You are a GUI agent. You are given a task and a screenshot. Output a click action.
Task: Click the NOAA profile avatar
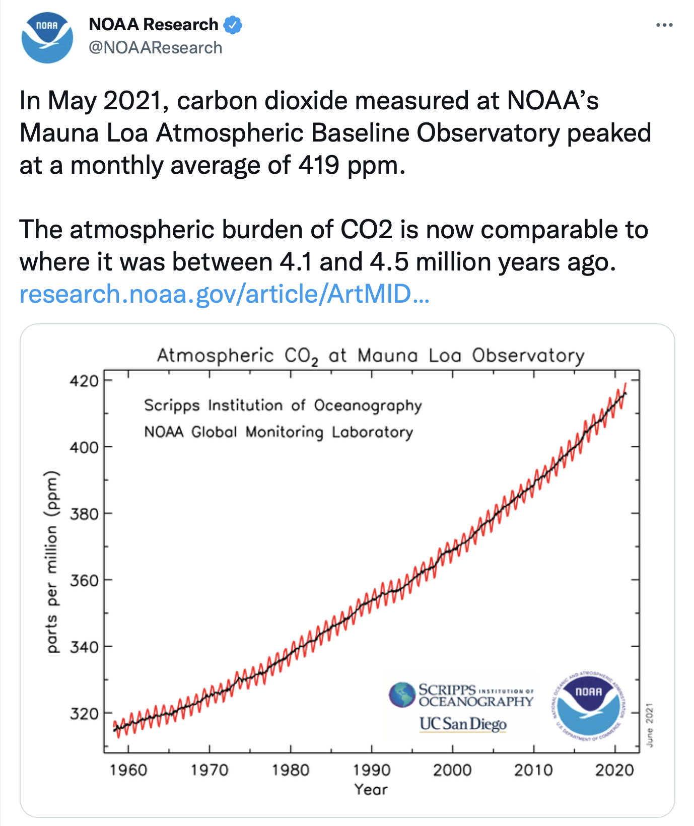[x=47, y=38]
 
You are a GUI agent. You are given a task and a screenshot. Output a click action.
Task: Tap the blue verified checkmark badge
[x=233, y=25]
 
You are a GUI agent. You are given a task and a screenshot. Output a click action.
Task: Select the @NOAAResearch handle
[x=156, y=48]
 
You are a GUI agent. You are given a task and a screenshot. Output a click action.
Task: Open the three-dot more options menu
[x=664, y=25]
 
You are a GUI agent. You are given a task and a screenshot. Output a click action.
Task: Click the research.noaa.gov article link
[x=224, y=294]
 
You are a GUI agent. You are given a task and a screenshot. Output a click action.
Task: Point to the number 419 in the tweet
[x=318, y=165]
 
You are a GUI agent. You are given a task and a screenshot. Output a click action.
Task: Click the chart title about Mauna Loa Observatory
[x=371, y=356]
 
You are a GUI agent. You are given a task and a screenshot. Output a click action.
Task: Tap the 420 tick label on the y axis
[x=84, y=381]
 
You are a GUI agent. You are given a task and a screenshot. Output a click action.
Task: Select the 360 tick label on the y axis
[x=84, y=581]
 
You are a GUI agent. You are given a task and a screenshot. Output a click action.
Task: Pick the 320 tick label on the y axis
[x=84, y=714]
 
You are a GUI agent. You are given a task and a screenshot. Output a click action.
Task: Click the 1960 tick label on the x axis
[x=128, y=770]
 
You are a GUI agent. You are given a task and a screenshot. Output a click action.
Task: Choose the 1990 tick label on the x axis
[x=372, y=770]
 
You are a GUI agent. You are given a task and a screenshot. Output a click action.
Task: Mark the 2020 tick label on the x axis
[x=614, y=770]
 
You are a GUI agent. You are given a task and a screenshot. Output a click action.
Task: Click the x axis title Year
[x=371, y=789]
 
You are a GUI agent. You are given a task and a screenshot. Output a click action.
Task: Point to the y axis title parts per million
[x=52, y=562]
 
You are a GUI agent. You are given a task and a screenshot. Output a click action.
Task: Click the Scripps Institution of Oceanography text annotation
[x=283, y=405]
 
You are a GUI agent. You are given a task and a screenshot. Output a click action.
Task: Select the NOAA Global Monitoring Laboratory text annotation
[x=279, y=432]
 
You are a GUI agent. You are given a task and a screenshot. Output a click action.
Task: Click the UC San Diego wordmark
[x=463, y=724]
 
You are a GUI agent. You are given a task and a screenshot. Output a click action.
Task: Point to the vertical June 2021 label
[x=650, y=725]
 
